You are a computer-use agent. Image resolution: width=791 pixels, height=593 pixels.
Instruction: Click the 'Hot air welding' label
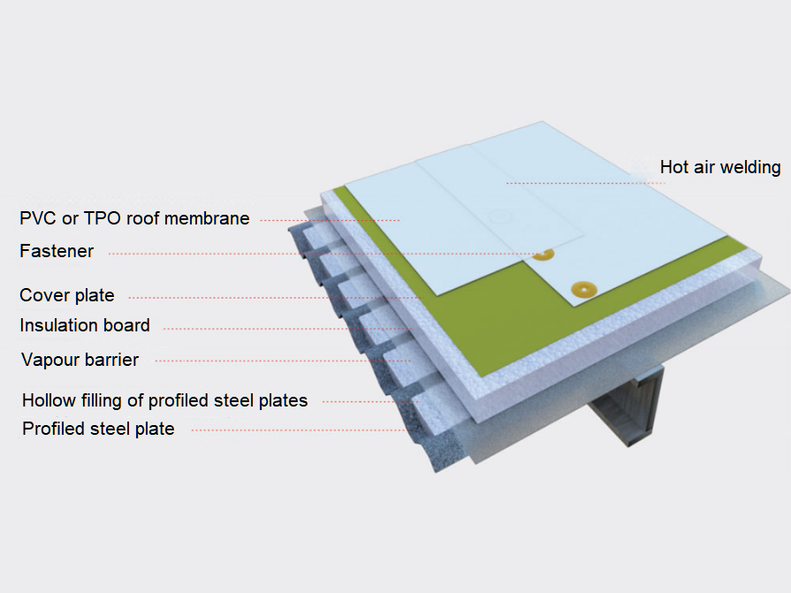[719, 167]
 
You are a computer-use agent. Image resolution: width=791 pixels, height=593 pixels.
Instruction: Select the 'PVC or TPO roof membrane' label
[134, 218]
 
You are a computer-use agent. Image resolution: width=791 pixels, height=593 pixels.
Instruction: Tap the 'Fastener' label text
[57, 251]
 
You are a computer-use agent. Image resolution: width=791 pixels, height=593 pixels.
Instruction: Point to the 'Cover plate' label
[67, 295]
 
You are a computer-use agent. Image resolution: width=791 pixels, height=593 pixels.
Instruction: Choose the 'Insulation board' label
[85, 325]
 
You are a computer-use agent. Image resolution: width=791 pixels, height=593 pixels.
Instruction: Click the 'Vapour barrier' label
[80, 360]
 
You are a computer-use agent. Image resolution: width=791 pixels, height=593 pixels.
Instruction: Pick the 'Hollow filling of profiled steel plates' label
[164, 400]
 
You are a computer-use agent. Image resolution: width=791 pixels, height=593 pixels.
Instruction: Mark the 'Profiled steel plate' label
[98, 430]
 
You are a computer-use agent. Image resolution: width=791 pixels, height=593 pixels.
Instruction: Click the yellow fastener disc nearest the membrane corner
[582, 288]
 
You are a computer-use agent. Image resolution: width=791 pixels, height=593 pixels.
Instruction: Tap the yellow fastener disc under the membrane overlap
[543, 255]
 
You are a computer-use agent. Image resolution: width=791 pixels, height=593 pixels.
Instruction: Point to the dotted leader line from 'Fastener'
[318, 253]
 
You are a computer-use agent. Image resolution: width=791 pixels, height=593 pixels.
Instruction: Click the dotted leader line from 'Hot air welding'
[583, 182]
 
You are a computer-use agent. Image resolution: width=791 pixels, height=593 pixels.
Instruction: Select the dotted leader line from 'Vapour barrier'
[283, 361]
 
